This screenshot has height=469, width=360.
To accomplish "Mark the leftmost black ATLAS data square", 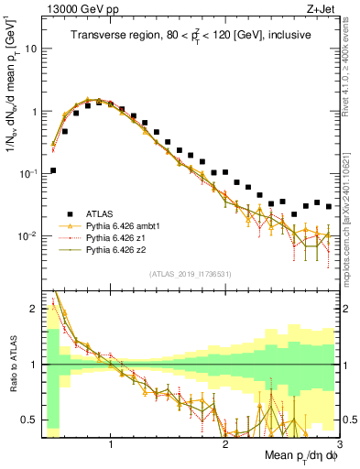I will click(54, 170).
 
